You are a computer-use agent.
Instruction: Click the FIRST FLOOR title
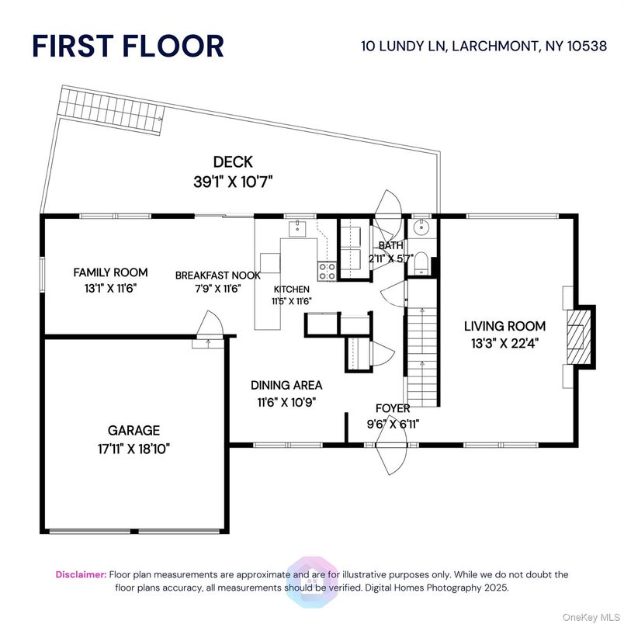point(127,46)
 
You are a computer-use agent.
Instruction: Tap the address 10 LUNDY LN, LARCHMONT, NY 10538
point(484,46)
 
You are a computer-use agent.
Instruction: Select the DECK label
point(233,161)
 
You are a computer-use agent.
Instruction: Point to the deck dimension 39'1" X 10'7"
point(233,182)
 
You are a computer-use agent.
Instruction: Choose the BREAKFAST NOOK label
point(217,275)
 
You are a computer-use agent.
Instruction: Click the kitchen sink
point(297,229)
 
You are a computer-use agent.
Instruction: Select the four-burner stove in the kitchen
point(327,271)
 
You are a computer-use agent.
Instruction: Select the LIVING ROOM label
point(504,326)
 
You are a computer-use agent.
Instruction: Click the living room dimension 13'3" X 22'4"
point(504,343)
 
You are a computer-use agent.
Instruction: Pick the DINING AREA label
point(286,385)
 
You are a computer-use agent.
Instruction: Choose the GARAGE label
point(133,430)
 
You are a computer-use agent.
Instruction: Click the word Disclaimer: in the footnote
point(81,574)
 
